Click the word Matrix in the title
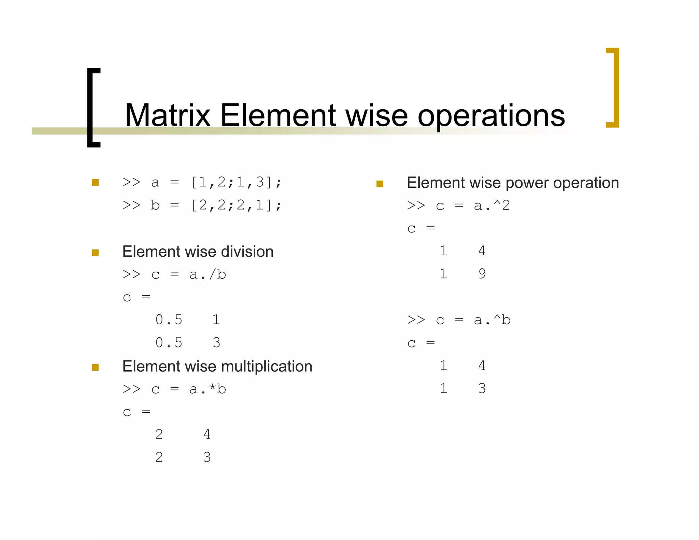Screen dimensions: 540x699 point(168,116)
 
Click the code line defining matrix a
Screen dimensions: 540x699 point(202,182)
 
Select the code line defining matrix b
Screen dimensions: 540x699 point(202,205)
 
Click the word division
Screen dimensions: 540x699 point(247,252)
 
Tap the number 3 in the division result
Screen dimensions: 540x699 point(216,342)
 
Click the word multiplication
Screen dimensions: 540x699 point(267,367)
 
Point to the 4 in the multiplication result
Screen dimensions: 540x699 point(207,434)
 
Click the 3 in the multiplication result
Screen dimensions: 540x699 point(207,457)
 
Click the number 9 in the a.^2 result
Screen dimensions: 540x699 point(482,274)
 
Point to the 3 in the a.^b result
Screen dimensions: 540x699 point(482,388)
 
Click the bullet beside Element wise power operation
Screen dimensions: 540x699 point(380,184)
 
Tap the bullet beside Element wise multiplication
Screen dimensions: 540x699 point(95,367)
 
